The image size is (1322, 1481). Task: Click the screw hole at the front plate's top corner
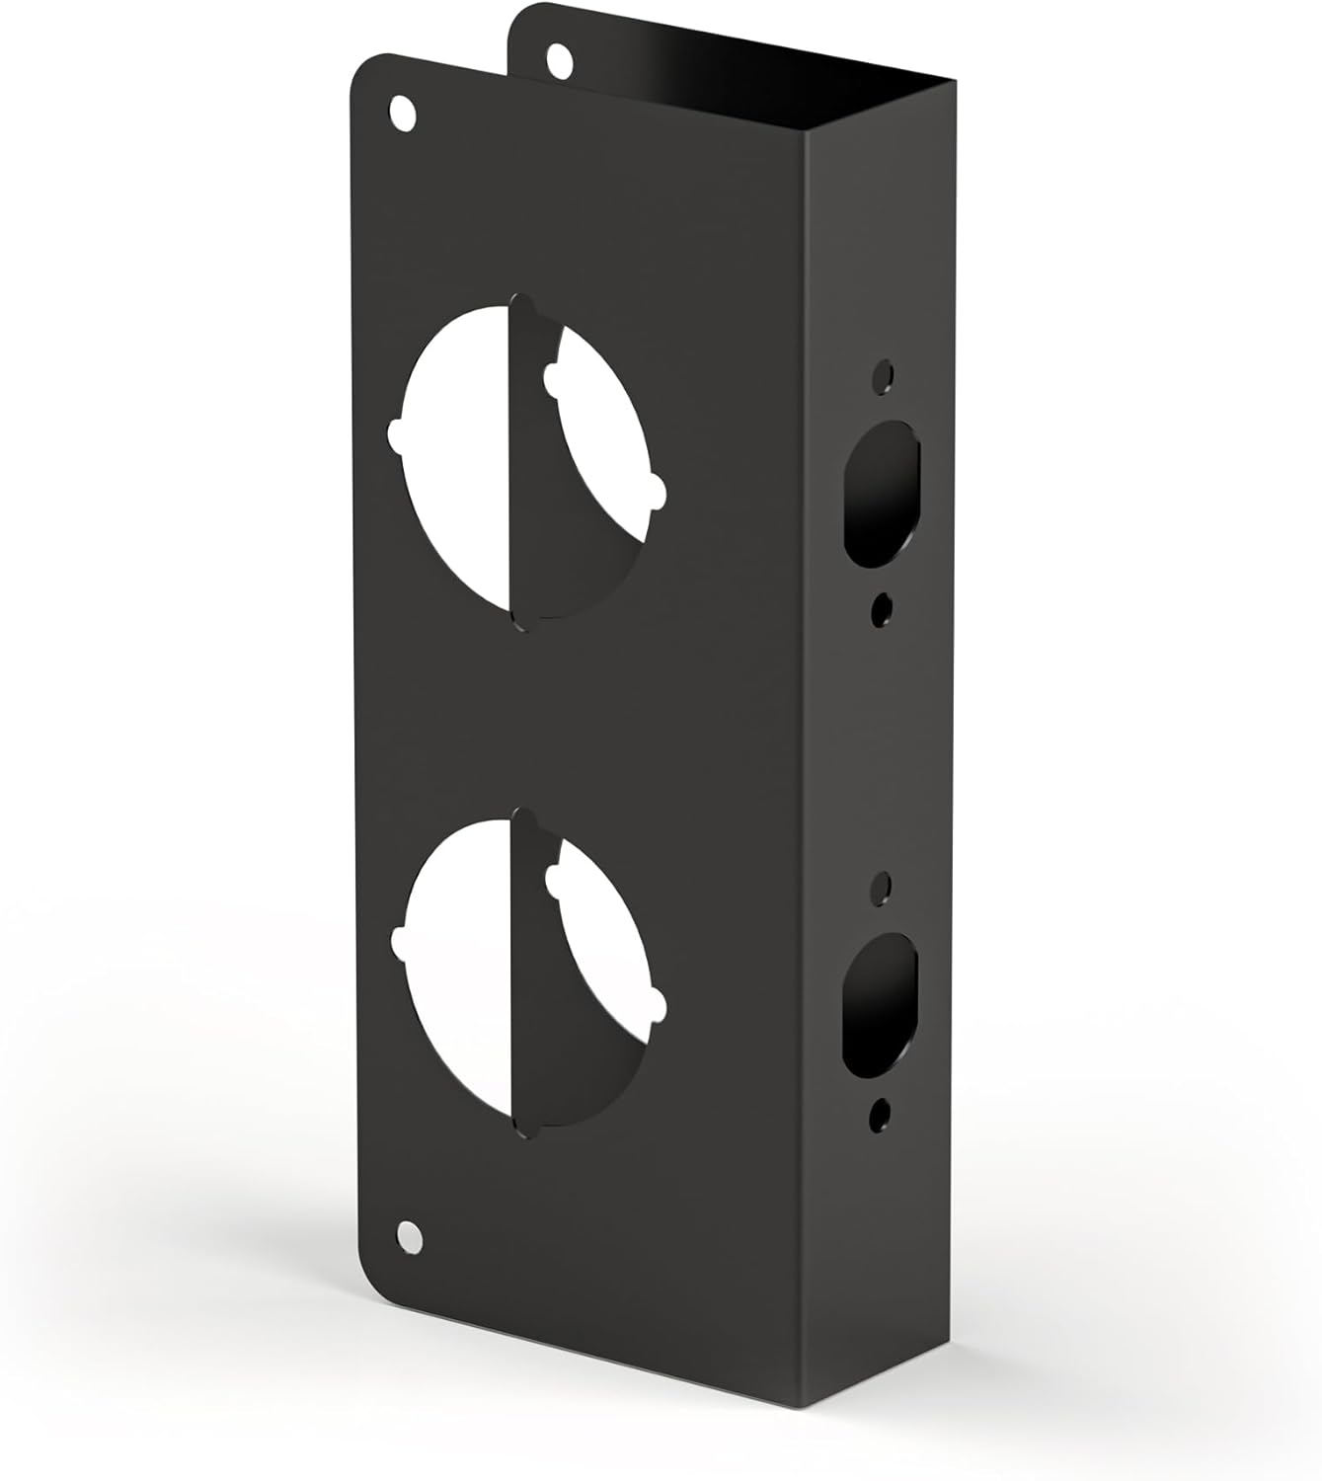[402, 110]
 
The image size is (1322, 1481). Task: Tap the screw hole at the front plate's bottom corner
[406, 1233]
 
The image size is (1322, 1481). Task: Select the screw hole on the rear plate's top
[560, 58]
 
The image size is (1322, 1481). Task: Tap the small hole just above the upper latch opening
[883, 375]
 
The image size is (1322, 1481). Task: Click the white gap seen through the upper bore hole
[459, 474]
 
